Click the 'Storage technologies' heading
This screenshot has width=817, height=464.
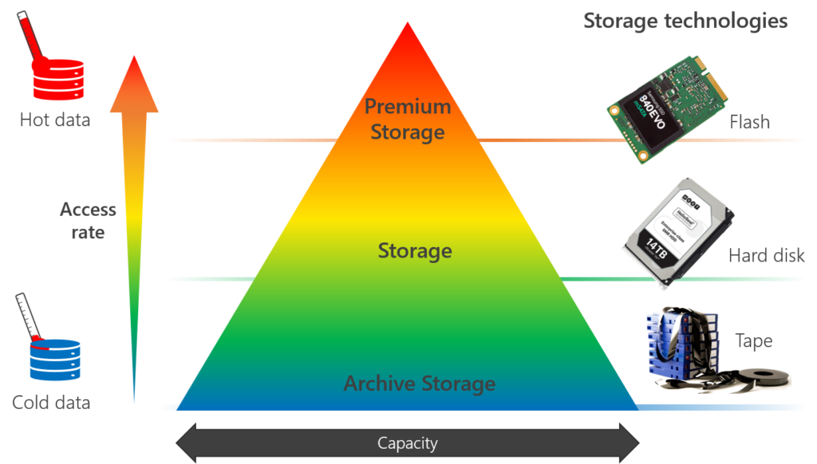coord(685,22)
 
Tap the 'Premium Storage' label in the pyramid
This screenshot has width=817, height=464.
coord(408,119)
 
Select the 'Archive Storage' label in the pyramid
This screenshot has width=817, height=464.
coord(420,383)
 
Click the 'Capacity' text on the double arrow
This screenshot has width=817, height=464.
coord(408,442)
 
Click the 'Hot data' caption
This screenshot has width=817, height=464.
coord(55,120)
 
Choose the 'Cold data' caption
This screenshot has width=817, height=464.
coord(51,402)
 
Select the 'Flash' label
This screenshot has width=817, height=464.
coord(750,123)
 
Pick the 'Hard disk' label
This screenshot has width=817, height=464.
coord(767,256)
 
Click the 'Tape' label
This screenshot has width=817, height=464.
coord(753,341)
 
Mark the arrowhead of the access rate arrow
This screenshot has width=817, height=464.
coord(134,77)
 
